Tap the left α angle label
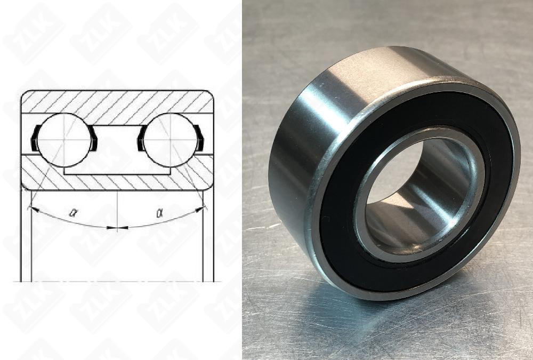[x=74, y=212]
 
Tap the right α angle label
[x=159, y=212]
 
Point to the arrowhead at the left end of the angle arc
[x=33, y=209]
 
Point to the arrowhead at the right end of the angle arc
[x=201, y=209]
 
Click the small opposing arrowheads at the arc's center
[x=117, y=228]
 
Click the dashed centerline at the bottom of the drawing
[x=117, y=281]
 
